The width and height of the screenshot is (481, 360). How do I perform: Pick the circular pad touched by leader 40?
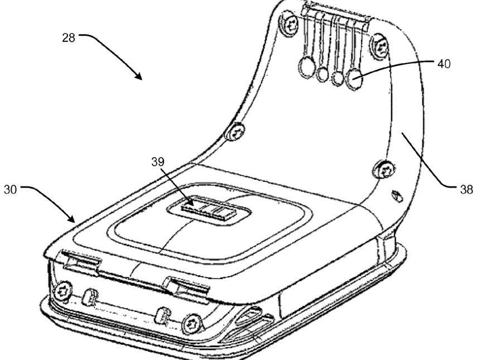point(354,79)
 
